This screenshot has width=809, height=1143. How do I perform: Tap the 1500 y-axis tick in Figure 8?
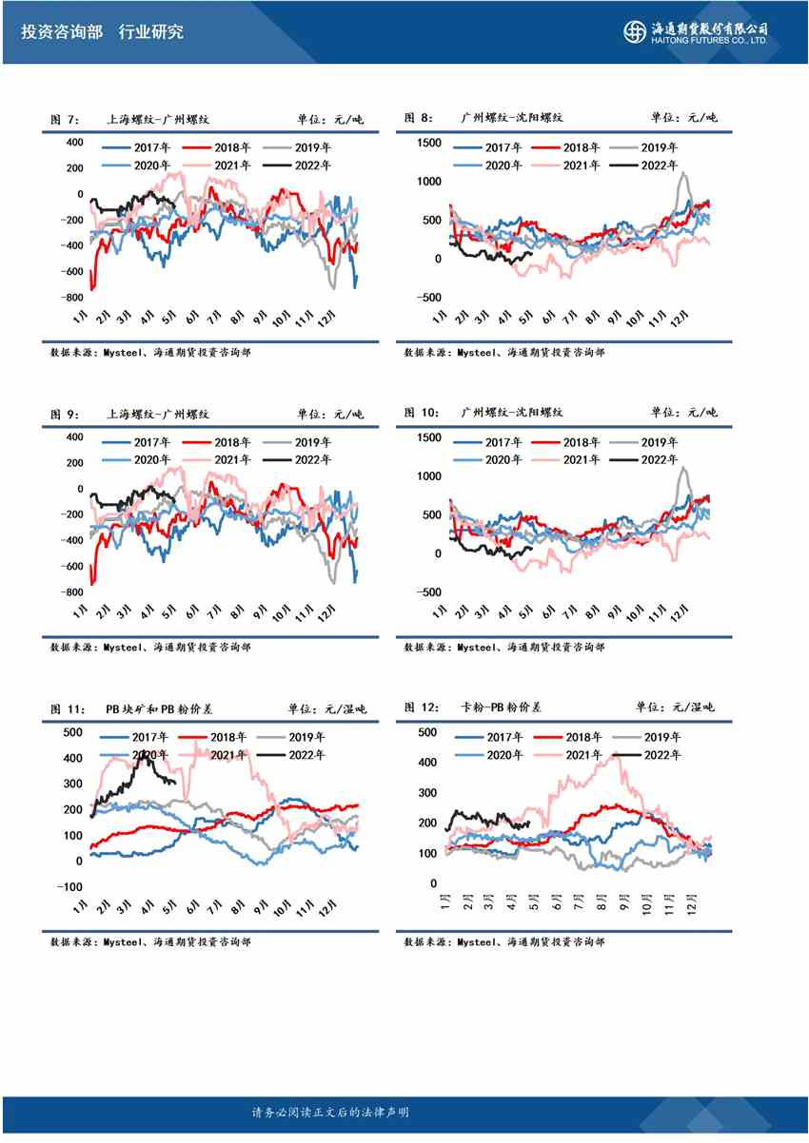[x=428, y=143]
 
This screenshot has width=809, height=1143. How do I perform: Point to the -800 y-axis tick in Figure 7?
[x=70, y=298]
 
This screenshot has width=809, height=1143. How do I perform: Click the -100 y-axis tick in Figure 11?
[x=70, y=886]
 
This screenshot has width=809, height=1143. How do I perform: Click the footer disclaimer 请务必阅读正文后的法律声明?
[x=330, y=1113]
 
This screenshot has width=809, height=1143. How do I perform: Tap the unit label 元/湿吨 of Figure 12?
[x=693, y=707]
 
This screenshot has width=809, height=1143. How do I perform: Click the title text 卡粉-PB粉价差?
[x=501, y=707]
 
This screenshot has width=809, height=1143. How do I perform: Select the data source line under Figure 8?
[x=503, y=352]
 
